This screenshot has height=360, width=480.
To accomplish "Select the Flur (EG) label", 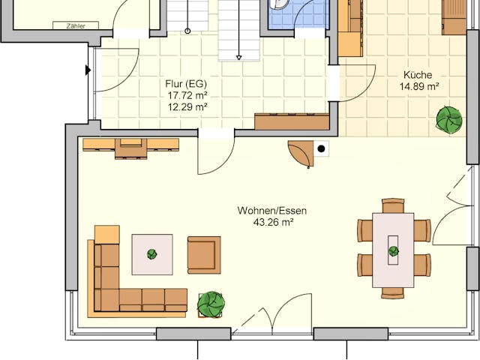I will pyautogui.click(x=186, y=84).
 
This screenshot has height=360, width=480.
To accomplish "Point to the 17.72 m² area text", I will pyautogui.click(x=187, y=95).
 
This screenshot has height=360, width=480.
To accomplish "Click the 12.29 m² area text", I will pyautogui.click(x=187, y=106).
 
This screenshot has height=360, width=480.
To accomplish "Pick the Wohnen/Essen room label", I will pyautogui.click(x=271, y=211).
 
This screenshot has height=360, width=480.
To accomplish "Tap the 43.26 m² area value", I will pyautogui.click(x=271, y=222).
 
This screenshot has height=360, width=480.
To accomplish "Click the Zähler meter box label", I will pyautogui.click(x=76, y=25).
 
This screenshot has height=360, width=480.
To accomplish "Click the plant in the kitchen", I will pyautogui.click(x=450, y=119).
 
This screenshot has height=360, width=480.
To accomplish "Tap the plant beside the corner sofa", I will pyautogui.click(x=211, y=304).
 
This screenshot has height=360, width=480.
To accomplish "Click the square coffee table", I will pyautogui.click(x=152, y=254).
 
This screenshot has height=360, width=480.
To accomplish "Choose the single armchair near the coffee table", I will pyautogui.click(x=203, y=254).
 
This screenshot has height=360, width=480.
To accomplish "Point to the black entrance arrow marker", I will pyautogui.click(x=88, y=70).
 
